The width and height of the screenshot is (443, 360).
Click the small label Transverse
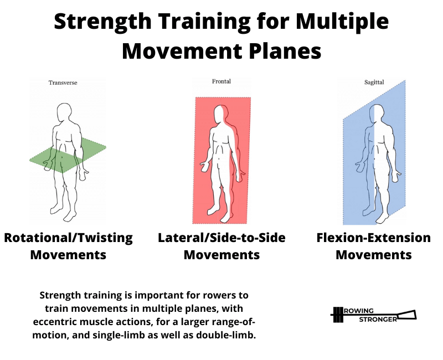coord(63,83)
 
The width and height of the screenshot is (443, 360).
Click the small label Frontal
coord(221,81)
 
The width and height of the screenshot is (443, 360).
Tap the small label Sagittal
coord(374,82)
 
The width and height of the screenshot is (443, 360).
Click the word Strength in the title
coord(102,22)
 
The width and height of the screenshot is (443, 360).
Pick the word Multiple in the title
coord(342,22)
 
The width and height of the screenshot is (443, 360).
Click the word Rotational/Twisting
coord(68,238)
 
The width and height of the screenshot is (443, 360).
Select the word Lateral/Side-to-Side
coord(221,238)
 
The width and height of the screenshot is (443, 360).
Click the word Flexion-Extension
coord(373,238)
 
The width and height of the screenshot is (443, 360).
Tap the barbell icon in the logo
coord(338,315)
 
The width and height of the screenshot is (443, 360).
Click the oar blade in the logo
coord(407,315)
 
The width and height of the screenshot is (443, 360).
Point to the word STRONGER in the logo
coord(378,320)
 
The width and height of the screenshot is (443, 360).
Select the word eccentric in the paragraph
coord(52,322)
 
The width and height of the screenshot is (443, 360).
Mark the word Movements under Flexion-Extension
coord(373,255)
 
